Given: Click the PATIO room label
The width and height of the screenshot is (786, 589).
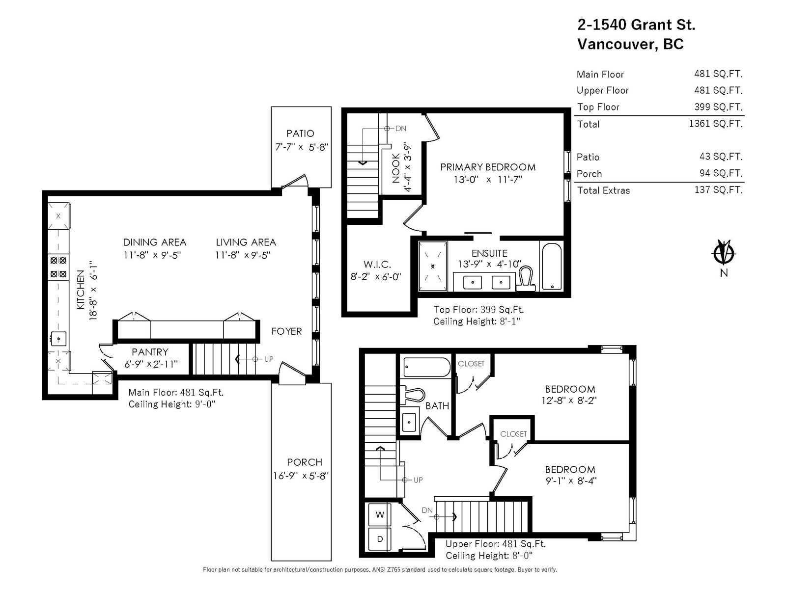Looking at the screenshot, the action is point(300,134).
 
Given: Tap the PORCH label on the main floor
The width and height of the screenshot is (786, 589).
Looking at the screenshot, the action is point(305,462).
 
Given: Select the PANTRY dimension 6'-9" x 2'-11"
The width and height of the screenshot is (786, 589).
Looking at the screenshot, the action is point(151,364).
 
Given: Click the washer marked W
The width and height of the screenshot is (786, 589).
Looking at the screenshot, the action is point(380,514).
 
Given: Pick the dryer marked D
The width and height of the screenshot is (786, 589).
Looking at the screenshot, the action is point(380,538).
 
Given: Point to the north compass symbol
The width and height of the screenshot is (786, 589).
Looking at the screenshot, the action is point(723,254).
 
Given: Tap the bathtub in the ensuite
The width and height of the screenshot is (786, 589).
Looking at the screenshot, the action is point(552,267).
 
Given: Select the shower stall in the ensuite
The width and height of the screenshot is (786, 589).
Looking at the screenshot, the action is point(433,266).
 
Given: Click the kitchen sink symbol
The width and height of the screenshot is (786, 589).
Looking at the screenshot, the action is point(58,339).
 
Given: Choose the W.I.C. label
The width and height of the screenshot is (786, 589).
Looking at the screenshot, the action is point(377,265).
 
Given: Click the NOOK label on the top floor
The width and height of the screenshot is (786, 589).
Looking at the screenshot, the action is point(395,168).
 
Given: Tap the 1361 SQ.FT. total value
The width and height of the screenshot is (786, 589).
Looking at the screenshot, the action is point(715,124).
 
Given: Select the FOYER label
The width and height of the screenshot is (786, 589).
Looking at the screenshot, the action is point(286,331).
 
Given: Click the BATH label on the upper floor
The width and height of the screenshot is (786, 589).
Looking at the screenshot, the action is point(437,406).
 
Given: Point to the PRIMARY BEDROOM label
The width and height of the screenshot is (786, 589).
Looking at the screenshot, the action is point(488,167).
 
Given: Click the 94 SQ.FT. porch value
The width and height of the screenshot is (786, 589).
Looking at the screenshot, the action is point(721,173).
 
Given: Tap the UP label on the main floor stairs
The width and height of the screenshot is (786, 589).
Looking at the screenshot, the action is point(269,359).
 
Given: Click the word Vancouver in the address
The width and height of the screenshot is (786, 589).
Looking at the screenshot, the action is point(617,44).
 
